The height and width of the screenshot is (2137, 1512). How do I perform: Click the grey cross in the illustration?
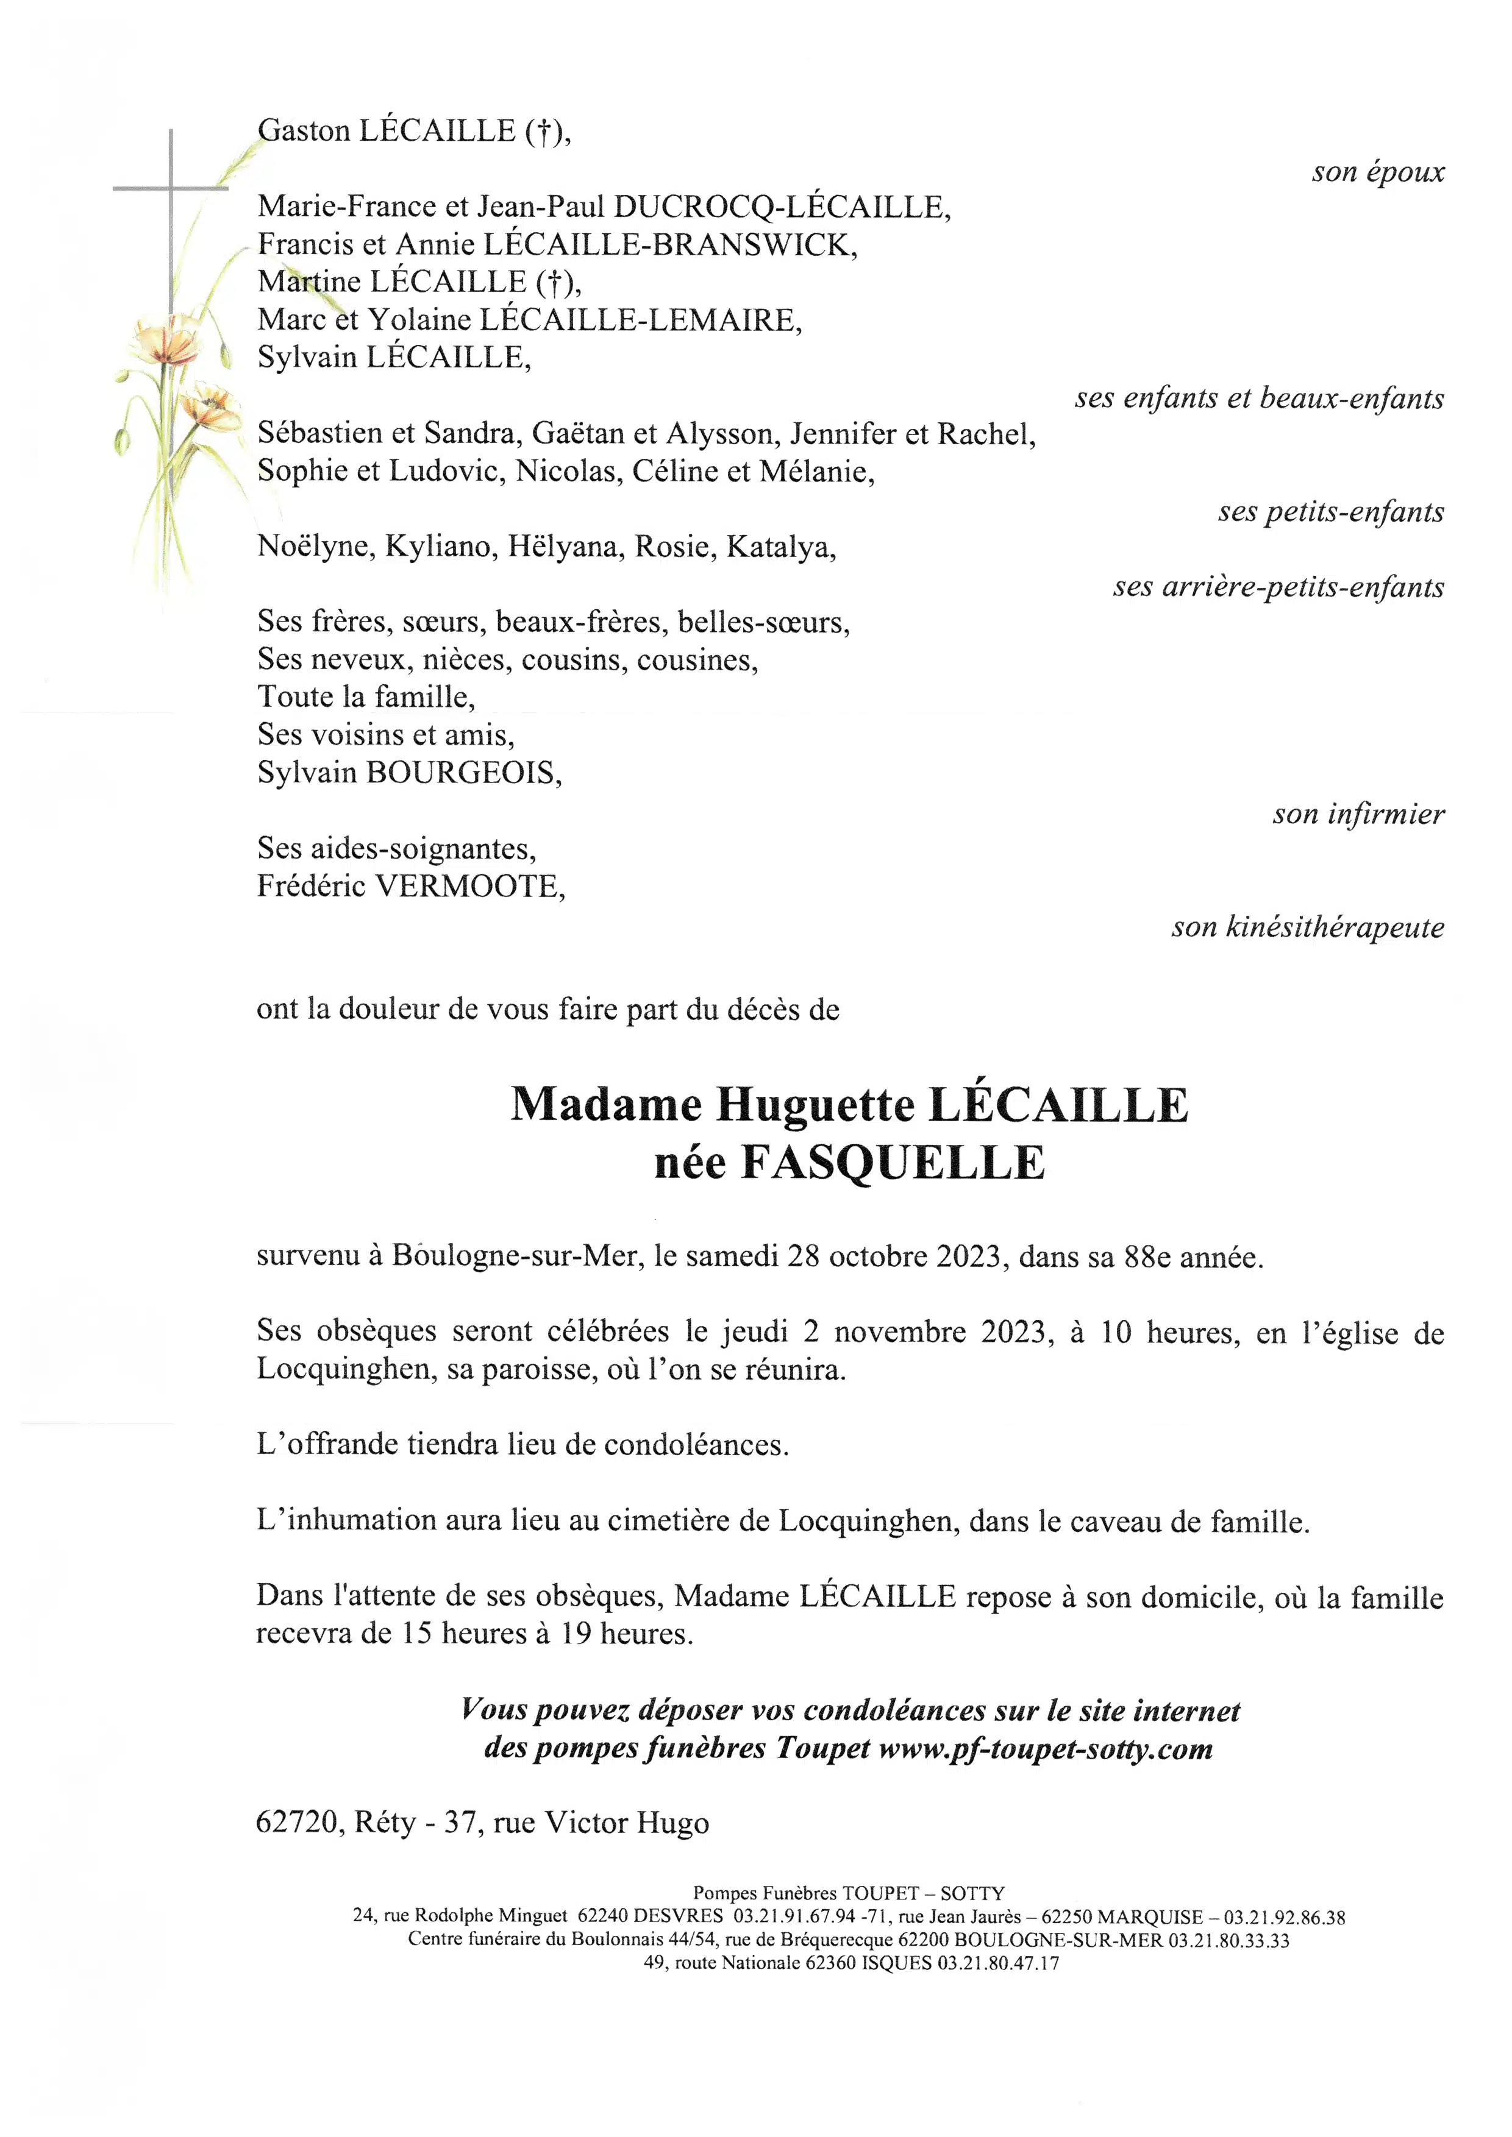[x=170, y=189]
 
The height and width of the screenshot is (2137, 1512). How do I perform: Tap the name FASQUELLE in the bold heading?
[x=892, y=1163]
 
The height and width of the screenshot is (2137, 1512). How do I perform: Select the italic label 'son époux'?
[x=1377, y=172]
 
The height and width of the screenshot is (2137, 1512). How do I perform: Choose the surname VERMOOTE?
[x=468, y=886]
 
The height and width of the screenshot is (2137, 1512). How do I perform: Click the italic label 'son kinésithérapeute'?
[x=1307, y=927]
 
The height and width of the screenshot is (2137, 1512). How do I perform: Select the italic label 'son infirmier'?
[x=1358, y=815]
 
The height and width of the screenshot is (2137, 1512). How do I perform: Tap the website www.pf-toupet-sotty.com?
[x=1044, y=1749]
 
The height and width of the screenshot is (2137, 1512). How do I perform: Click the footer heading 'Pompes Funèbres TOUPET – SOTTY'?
[x=848, y=1893]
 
